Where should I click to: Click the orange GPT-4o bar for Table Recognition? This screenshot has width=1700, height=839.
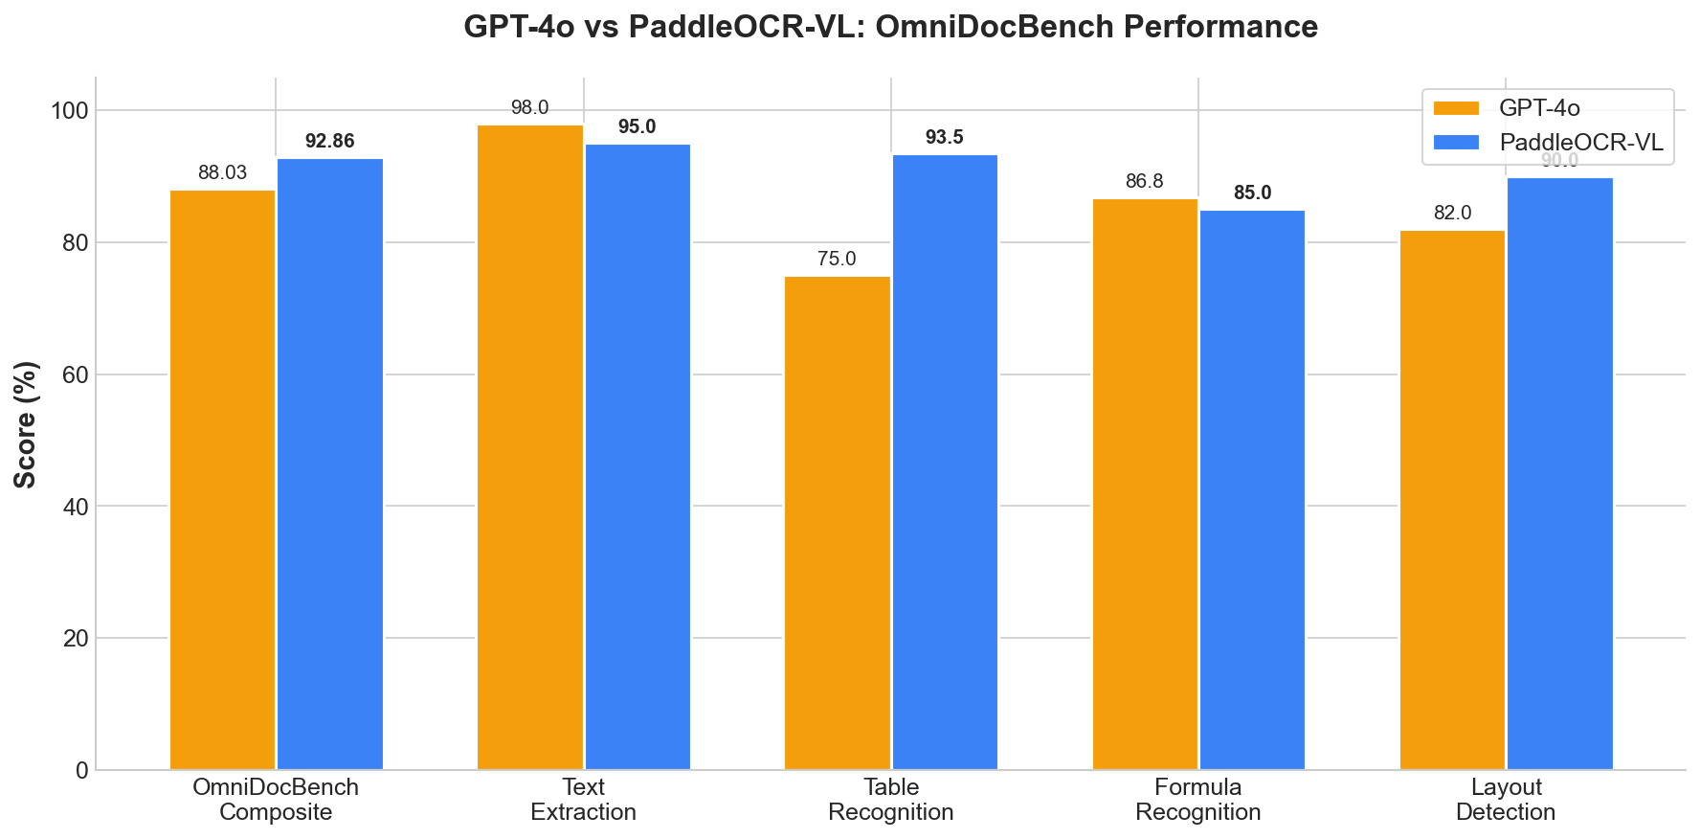tap(838, 523)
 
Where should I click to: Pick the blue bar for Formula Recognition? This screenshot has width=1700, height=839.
tap(1252, 489)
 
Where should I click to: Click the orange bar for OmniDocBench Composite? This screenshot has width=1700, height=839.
tap(222, 480)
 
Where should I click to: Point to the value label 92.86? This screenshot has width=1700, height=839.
tap(329, 142)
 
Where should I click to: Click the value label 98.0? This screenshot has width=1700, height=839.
tap(529, 108)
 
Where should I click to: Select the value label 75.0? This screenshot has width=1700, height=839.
tap(837, 260)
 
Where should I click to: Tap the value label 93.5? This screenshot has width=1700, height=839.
tap(944, 138)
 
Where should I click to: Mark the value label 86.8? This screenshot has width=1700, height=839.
tap(1145, 182)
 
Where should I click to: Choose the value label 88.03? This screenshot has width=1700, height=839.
tap(222, 173)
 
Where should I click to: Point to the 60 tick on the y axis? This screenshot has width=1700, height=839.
tap(74, 374)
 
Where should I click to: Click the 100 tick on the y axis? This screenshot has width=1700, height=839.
tap(68, 111)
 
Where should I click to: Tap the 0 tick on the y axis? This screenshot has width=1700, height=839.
tap(80, 770)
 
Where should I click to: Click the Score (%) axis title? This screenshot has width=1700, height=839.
tap(26, 424)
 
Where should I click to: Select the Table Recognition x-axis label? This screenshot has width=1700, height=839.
tap(890, 800)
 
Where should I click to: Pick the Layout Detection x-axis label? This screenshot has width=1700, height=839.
tap(1505, 800)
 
